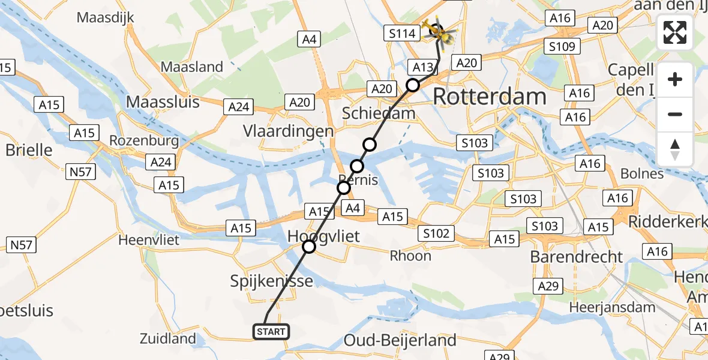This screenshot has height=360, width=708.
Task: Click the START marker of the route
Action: tap(271, 332)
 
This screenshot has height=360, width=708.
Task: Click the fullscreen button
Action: tap(675, 33)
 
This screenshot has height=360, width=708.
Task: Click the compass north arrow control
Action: tap(675, 149)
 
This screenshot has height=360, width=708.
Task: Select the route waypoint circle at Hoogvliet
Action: tap(308, 247)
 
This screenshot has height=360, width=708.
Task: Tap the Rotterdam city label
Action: tap(489, 97)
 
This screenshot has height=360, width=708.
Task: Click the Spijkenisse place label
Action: tap(272, 281)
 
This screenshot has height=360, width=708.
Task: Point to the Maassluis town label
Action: tap(163, 101)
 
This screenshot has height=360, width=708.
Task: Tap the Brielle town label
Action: tap(29, 149)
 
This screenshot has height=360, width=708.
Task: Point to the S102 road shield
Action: tap(436, 233)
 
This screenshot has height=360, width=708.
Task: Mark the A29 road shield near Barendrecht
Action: tap(548, 287)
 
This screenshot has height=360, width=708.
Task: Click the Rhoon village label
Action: tap(410, 256)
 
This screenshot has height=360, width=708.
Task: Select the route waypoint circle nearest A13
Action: tap(413, 85)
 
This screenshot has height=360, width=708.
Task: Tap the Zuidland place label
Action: tap(167, 338)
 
